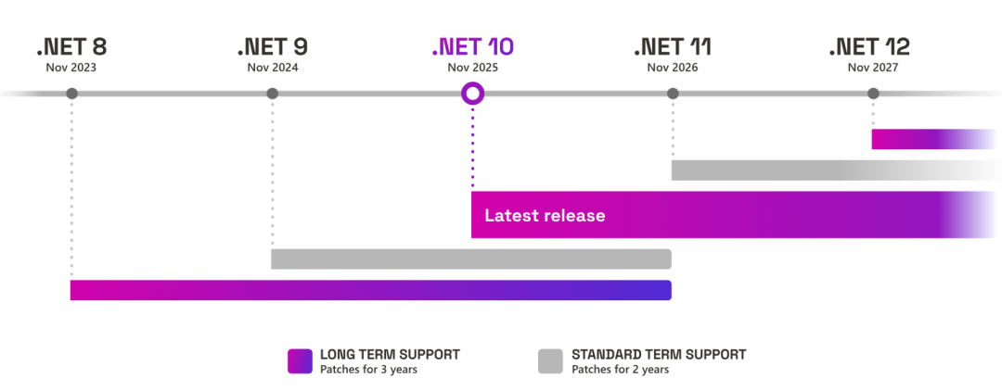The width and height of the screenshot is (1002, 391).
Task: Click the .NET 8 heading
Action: point(71,46)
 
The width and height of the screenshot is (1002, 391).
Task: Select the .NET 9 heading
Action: point(272,46)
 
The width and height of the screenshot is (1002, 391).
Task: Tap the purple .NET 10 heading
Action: point(472,46)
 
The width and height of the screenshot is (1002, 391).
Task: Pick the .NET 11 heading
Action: point(673,46)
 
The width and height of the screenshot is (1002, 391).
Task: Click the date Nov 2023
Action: point(71,68)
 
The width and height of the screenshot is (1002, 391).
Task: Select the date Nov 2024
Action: point(272,68)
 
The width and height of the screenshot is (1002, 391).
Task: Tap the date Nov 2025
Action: point(472,68)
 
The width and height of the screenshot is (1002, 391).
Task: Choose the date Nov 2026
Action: point(673,68)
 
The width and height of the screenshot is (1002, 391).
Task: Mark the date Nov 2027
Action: point(873,68)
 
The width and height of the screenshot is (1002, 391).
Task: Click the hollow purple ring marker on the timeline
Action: point(472,93)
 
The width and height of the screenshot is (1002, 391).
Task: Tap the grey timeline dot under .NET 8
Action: point(71,93)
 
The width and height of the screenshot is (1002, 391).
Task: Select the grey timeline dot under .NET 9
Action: point(272,93)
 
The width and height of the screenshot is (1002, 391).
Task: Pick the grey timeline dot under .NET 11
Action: point(673,93)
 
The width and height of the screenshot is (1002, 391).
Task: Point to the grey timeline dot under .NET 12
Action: point(873,93)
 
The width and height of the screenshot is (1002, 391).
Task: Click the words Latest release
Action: point(545,216)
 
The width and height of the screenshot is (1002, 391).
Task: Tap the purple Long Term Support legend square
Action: point(300,361)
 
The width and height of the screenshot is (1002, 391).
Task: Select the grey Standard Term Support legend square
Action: point(551,361)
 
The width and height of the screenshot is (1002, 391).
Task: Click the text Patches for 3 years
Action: point(367,370)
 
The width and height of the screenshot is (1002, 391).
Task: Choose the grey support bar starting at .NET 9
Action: point(470,259)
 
